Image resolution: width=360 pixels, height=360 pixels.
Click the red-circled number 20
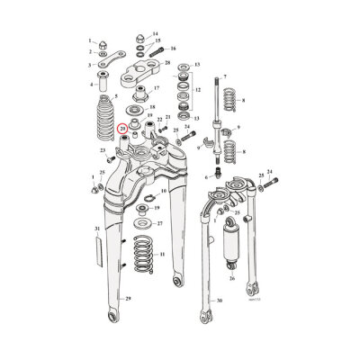pos(122,130)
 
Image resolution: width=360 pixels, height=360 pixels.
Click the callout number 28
pos(167,64)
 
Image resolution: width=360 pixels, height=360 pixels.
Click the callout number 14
pos(154,33)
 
